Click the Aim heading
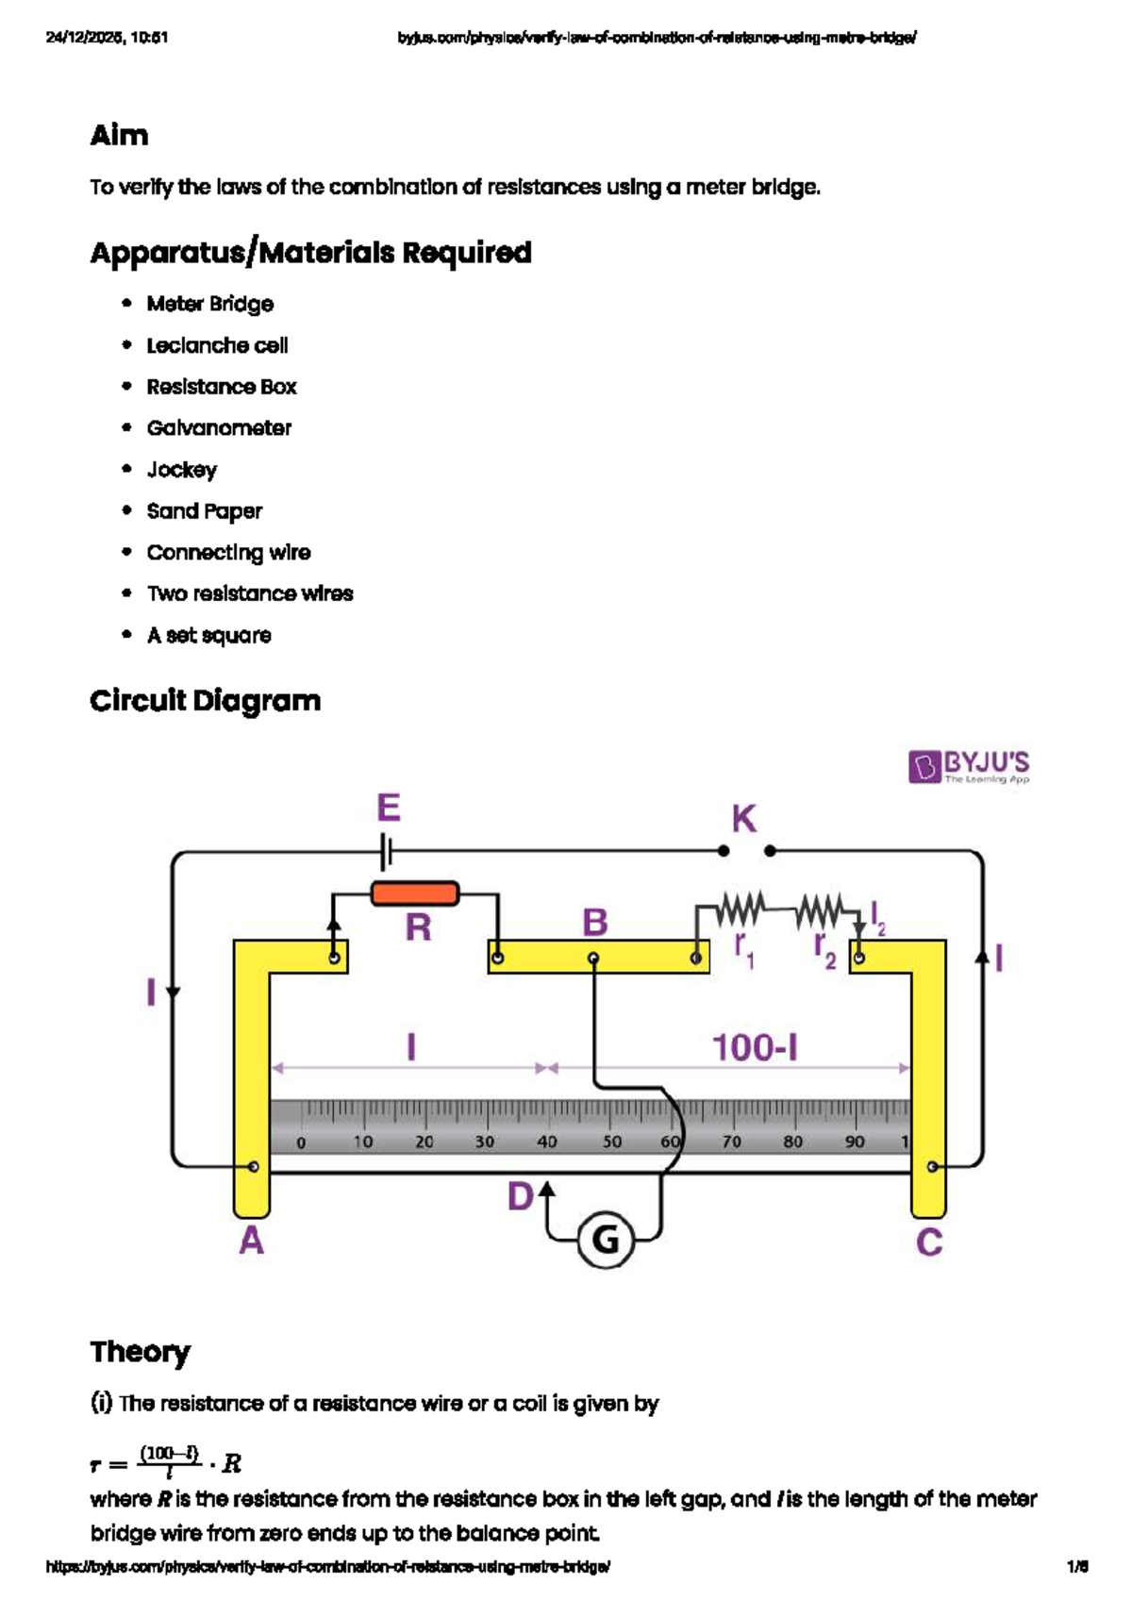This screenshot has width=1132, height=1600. [119, 135]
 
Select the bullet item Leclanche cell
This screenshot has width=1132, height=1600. [217, 345]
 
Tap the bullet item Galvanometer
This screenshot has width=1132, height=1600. [219, 428]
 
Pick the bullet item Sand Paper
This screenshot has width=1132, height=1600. [204, 511]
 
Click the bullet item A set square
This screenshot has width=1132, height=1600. [208, 636]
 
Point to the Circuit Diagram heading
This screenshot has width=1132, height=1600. [205, 701]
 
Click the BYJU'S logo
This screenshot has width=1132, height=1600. [969, 767]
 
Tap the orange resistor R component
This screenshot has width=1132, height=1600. [415, 893]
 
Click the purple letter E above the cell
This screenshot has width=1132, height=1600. [388, 808]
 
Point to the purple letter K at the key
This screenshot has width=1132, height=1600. [743, 819]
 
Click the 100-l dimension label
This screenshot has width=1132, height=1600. [754, 1048]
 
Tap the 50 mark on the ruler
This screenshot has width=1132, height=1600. [611, 1142]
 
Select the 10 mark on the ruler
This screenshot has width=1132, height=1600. [362, 1142]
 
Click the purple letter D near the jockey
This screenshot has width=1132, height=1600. [521, 1197]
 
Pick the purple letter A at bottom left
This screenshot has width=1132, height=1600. [251, 1242]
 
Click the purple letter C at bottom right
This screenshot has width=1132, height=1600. [929, 1242]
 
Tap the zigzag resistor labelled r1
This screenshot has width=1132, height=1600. [740, 910]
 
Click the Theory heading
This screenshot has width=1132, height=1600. [140, 1352]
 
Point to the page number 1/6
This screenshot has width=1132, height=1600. [1077, 1567]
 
